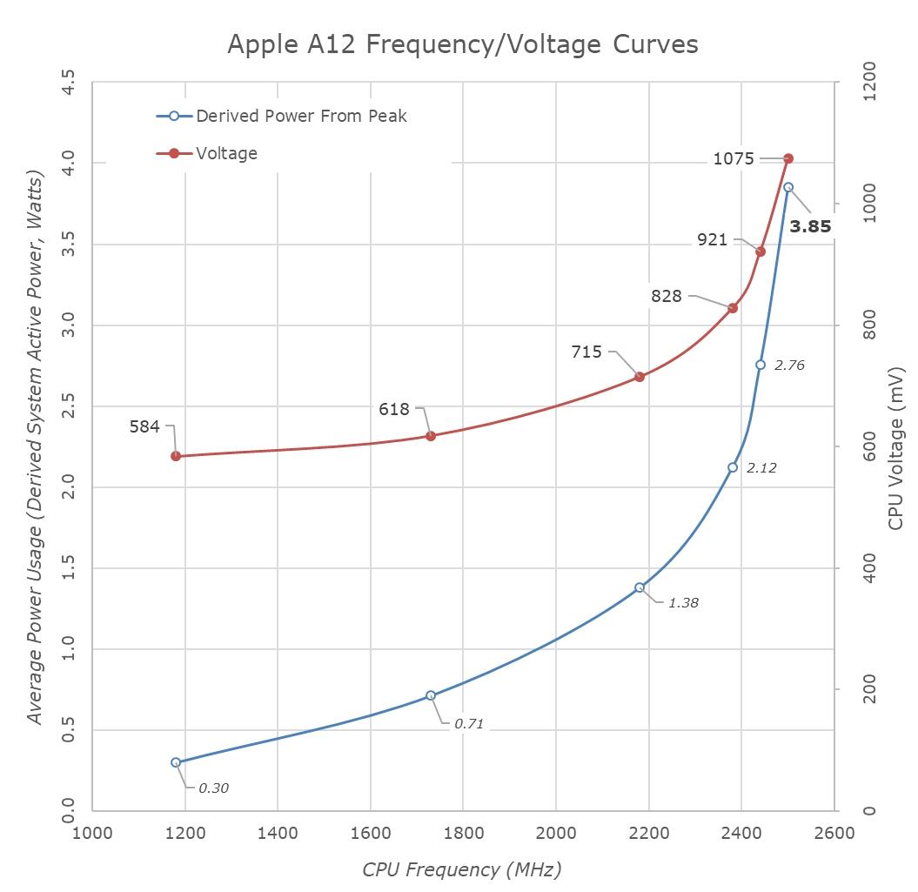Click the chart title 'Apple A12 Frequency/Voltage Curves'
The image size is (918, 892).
462,44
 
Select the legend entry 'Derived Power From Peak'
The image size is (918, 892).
301,115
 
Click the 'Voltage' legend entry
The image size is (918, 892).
226,153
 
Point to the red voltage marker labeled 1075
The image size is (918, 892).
788,158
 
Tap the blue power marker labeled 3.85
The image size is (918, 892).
788,187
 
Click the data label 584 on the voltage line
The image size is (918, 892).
144,426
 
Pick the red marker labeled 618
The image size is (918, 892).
431,435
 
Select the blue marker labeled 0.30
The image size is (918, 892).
176,762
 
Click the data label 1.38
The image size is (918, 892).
683,602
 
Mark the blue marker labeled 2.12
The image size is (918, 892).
733,467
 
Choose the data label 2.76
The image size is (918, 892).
789,366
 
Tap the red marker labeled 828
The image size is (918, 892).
733,308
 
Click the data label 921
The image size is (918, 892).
712,239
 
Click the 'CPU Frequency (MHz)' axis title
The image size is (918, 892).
462,869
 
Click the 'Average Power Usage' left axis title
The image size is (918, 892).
35,449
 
